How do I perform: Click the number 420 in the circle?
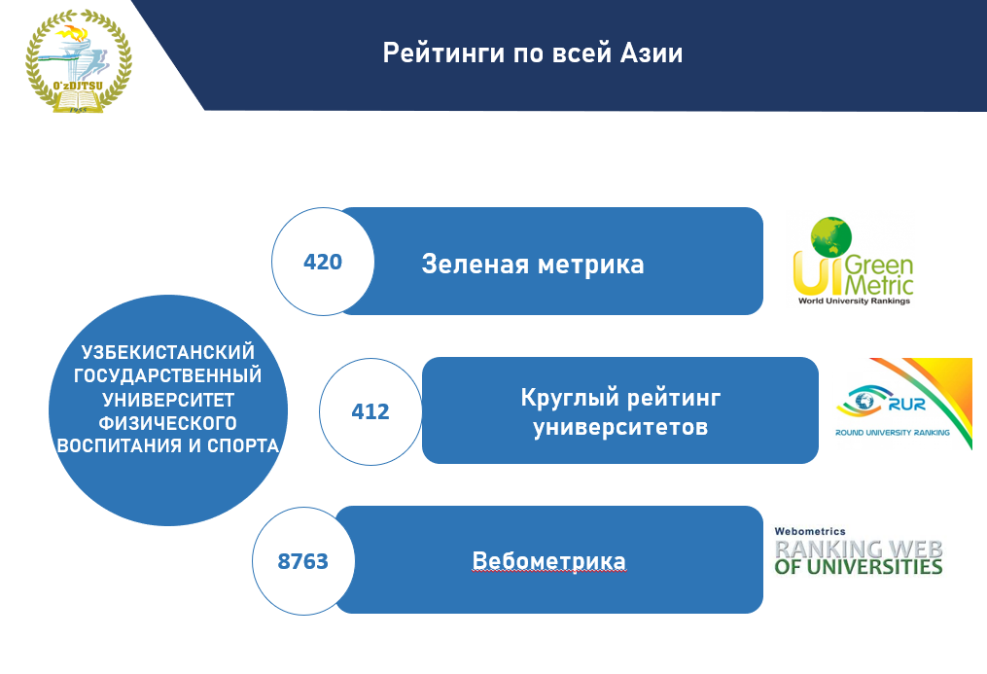pos(322,262)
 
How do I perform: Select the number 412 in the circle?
pos(370,411)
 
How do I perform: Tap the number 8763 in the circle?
pos(302,561)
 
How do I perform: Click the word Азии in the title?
pos(651,53)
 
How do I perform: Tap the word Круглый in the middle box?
pos(570,398)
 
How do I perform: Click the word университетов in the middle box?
pos(620,427)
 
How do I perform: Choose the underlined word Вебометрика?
pos(548,561)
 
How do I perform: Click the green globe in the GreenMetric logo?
pos(830,236)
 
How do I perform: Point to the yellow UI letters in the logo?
pos(817,273)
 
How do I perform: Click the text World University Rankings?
pos(854,301)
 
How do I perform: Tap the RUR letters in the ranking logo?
pos(906,404)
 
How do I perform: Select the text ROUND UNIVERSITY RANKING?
pos(892,433)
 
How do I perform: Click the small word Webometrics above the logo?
pos(809,532)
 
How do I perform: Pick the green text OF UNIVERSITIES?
pos(858,566)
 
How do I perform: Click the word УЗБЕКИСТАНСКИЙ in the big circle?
pos(168,352)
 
